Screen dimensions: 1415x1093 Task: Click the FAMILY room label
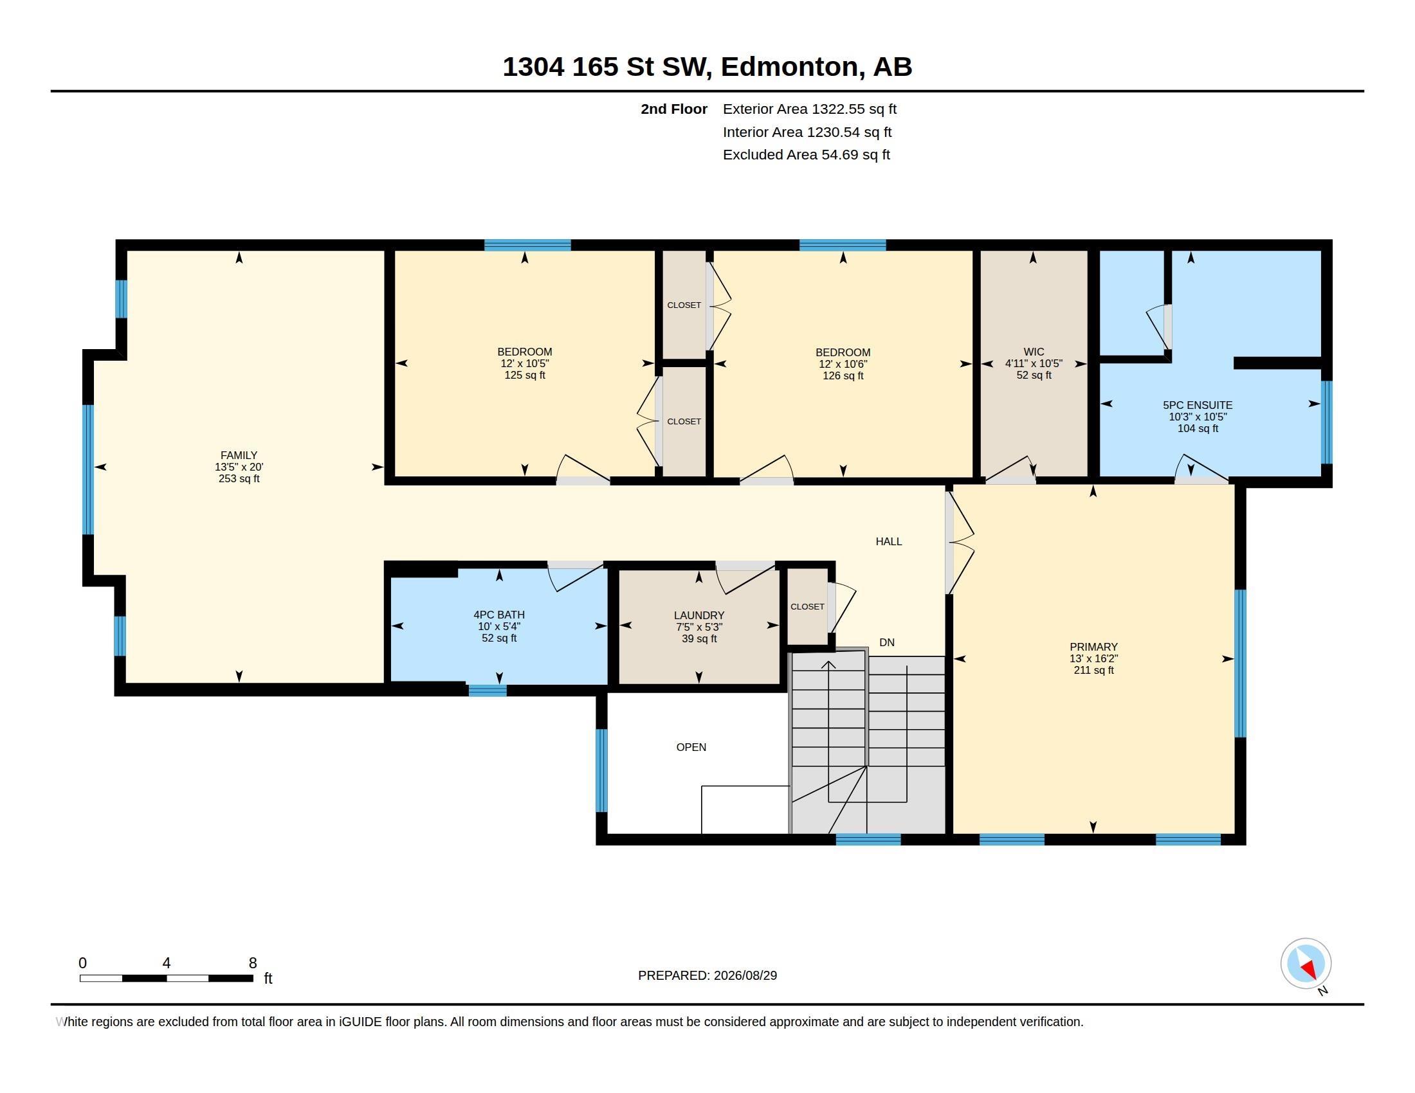239,455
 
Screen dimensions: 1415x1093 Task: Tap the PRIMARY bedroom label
1093,647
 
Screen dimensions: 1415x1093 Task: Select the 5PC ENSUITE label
1198,405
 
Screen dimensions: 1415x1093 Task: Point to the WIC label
1034,352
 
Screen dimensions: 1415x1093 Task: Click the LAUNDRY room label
699,615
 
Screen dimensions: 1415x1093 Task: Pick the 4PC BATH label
499,615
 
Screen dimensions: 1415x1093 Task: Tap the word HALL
889,541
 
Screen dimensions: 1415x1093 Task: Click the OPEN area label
691,747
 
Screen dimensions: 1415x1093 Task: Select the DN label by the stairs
887,642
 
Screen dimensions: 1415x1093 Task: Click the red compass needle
1310,969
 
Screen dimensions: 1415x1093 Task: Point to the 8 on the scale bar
253,963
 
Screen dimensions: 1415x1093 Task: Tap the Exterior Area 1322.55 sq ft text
810,109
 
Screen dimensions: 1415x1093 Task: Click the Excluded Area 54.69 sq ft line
807,155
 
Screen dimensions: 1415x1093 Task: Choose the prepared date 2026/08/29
745,975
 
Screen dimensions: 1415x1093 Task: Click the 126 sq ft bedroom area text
843,375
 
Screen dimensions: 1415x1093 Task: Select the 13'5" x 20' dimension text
239,467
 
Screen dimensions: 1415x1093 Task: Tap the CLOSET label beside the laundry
807,607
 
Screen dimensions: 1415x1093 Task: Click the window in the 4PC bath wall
488,691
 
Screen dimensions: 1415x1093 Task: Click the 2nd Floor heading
674,109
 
